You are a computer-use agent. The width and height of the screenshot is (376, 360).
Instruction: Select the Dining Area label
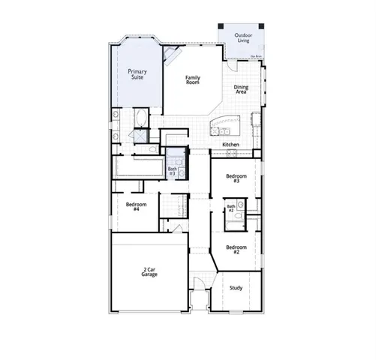(241, 89)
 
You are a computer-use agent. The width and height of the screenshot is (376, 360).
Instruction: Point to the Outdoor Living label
(242, 37)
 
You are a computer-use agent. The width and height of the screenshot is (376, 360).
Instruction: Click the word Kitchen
(230, 144)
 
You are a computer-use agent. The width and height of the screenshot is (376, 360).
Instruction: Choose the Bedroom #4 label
(136, 206)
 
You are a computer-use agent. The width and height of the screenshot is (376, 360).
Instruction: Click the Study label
(236, 287)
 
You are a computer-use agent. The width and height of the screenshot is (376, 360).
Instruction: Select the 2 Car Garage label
(149, 272)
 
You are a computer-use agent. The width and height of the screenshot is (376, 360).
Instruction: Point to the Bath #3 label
(172, 170)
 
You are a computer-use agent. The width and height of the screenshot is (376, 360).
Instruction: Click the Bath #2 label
(231, 208)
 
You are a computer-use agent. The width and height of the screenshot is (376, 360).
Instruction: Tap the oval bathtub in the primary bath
(143, 118)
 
